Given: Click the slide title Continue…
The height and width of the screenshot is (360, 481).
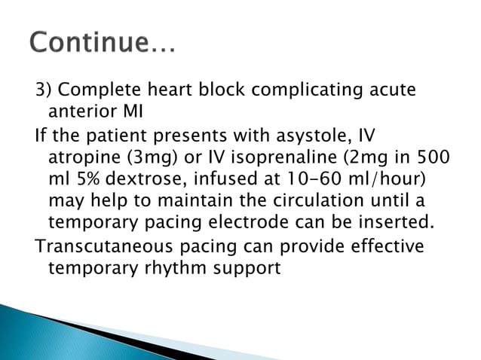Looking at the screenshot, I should [103, 45].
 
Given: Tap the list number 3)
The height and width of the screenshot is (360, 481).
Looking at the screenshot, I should [44, 91].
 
